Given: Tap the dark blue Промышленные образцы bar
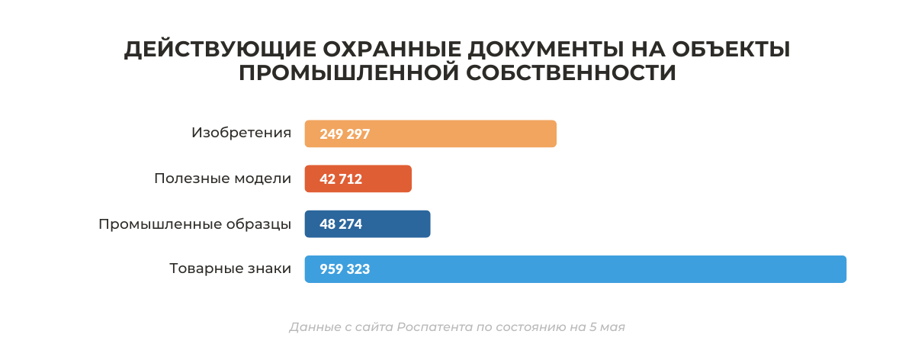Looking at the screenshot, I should tap(396, 224).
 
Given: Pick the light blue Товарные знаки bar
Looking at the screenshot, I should tap(610, 269).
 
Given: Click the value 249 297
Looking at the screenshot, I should tap(345, 134).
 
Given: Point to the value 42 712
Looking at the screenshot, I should tap(341, 179).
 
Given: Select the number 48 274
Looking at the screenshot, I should tap(341, 224).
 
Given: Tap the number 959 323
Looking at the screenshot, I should tap(345, 269).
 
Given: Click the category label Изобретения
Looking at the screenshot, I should tap(241, 133).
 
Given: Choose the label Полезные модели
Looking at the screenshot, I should tap(223, 178).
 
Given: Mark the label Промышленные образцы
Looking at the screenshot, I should tap(194, 224).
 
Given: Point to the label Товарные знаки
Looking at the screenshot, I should tap(230, 268).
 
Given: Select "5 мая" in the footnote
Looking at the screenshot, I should tap(608, 327).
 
